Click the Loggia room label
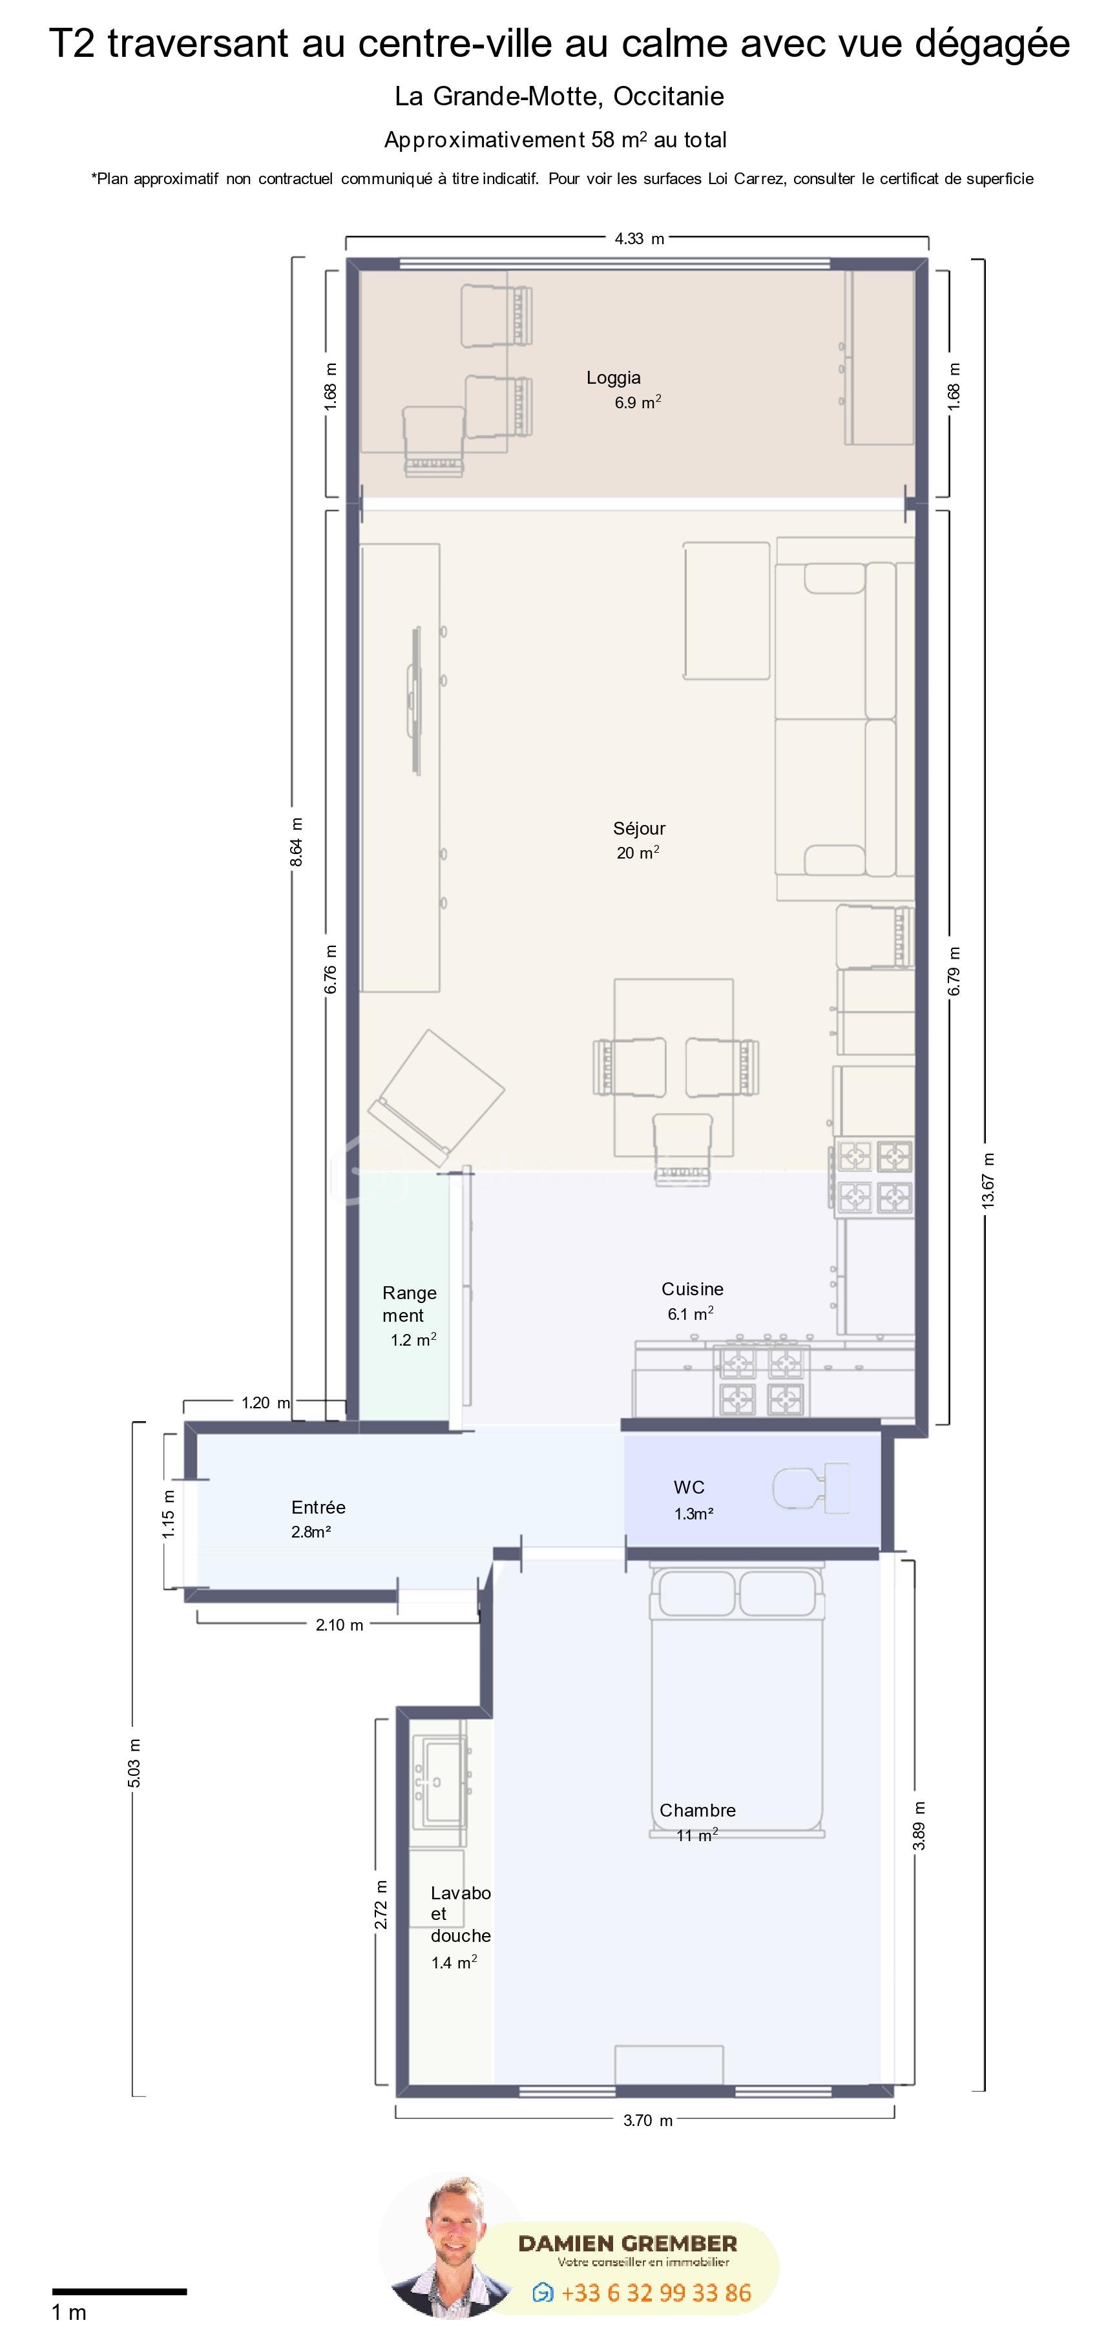[x=614, y=378]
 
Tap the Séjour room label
[x=639, y=828]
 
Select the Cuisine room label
[x=693, y=1289]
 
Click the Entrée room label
[x=318, y=1507]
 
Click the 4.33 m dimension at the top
[x=639, y=238]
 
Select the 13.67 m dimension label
[x=988, y=1179]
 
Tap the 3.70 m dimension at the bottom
[x=647, y=2120]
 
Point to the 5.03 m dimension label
[x=134, y=1763]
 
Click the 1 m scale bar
[x=119, y=2291]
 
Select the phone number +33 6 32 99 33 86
[x=656, y=2293]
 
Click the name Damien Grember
[x=627, y=2244]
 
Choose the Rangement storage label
[x=409, y=1304]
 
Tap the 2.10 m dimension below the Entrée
[x=339, y=1624]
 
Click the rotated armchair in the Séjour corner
[x=436, y=1098]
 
